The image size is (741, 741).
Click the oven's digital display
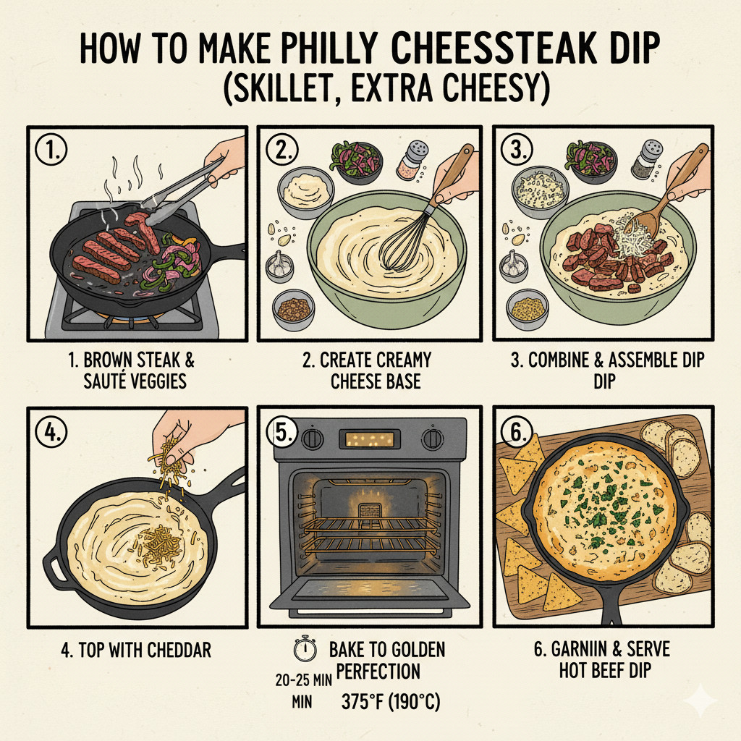tap(371, 439)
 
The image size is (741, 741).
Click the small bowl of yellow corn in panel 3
tap(528, 308)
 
